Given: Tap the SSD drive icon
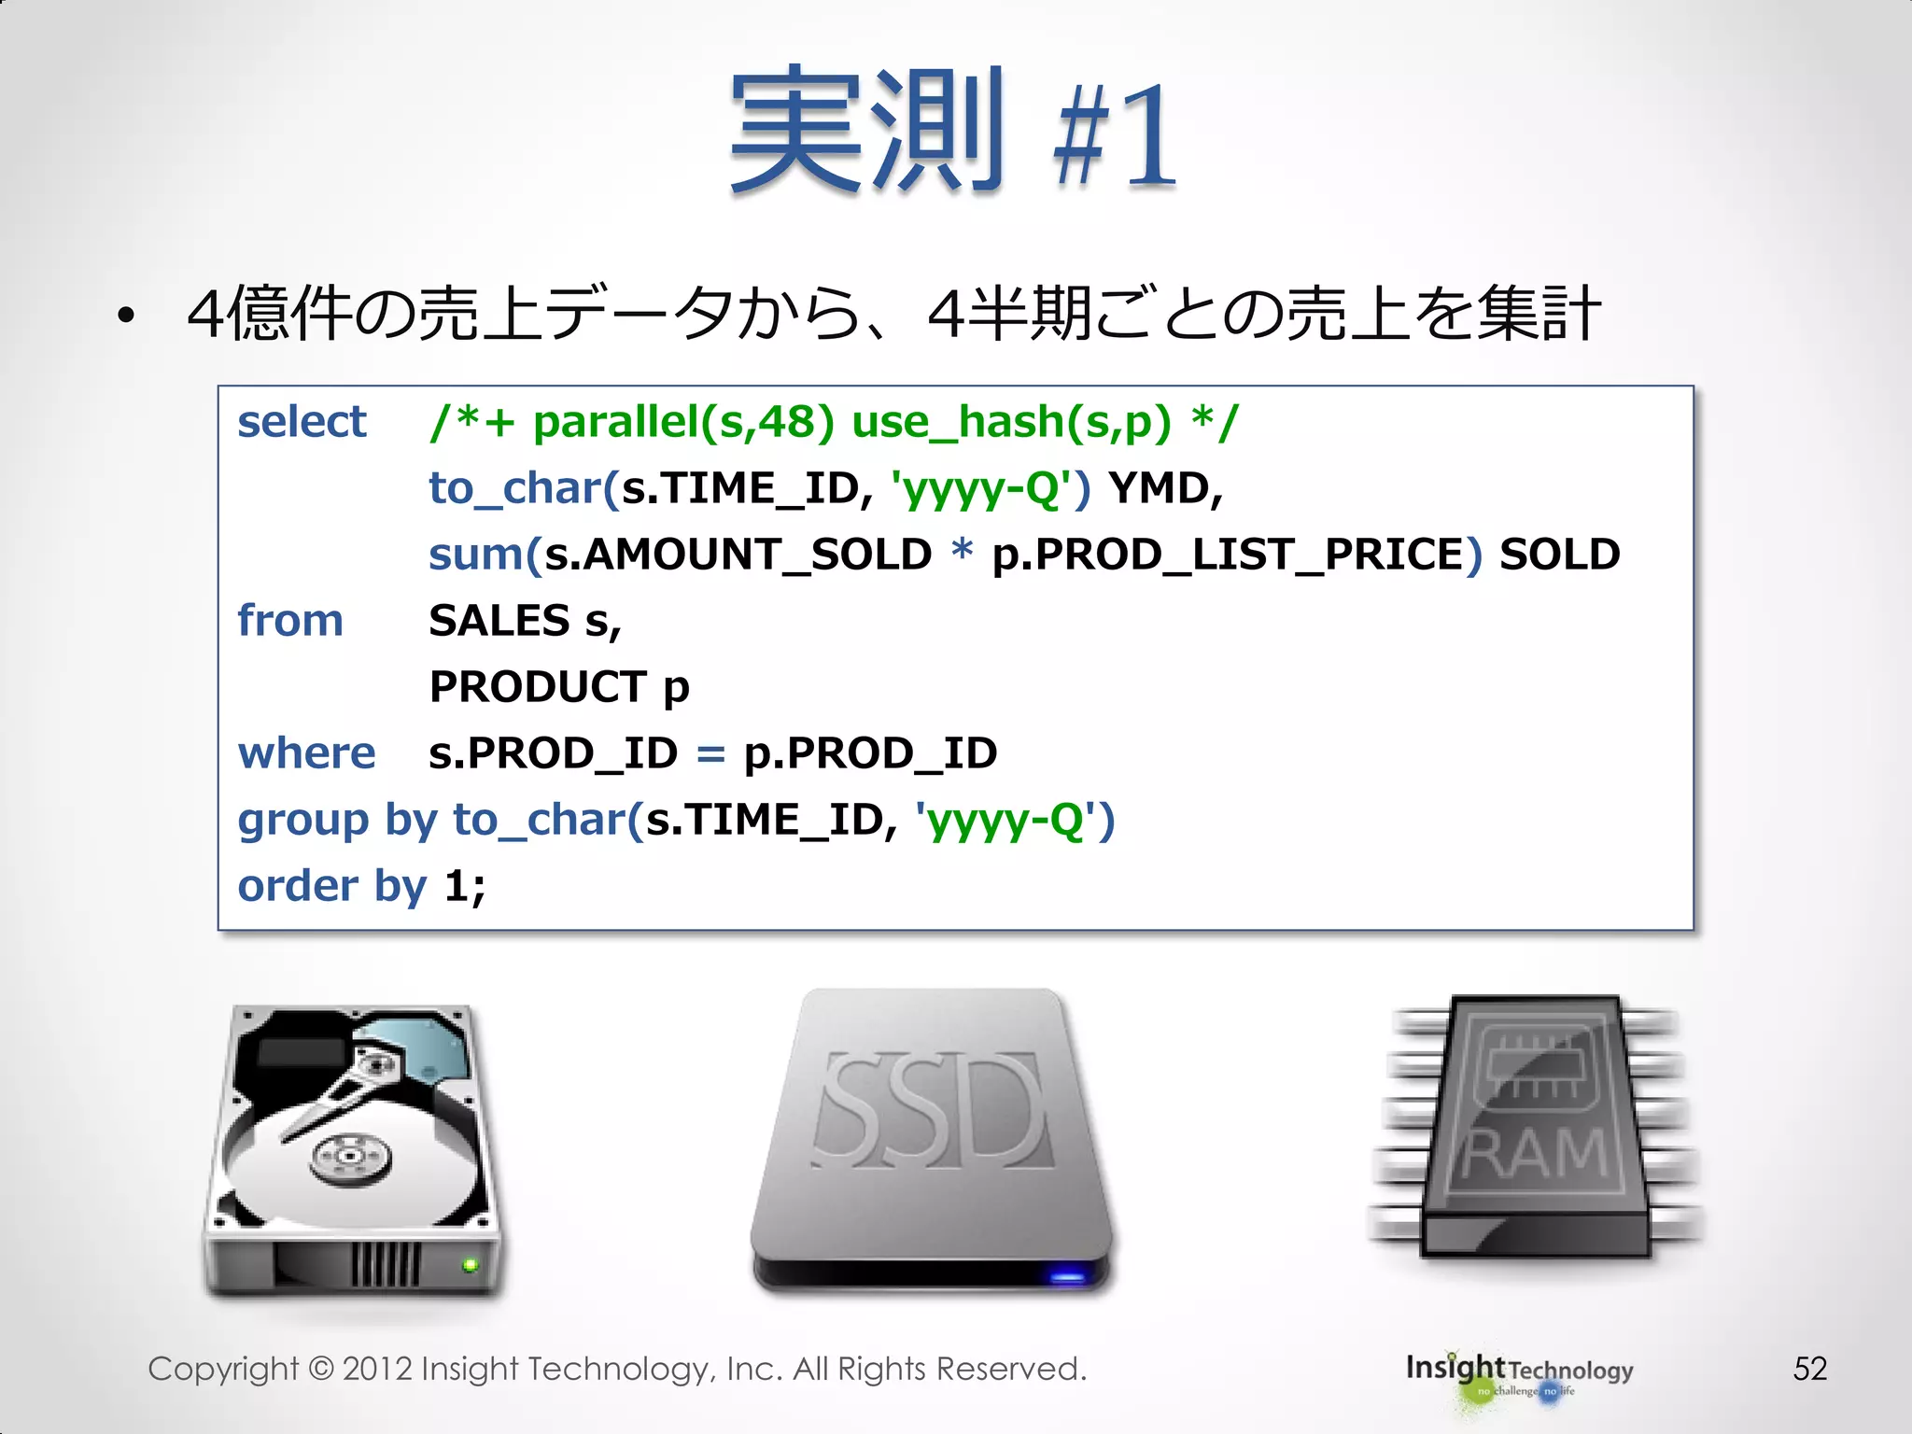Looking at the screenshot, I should (932, 1139).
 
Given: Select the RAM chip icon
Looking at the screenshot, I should (1536, 1125).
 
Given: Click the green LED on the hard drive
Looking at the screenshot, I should (470, 1265).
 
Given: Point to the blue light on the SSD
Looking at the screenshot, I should (1067, 1275).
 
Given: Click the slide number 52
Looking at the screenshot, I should (1809, 1369).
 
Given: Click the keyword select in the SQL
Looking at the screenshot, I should (302, 422).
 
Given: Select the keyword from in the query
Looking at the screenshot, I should (290, 621).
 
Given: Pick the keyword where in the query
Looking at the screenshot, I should (306, 753).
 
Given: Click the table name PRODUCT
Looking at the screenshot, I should (538, 687).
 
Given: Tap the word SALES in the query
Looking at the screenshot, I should (499, 621).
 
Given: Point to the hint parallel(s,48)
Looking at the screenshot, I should (683, 422).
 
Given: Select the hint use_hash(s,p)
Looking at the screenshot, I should (1011, 422).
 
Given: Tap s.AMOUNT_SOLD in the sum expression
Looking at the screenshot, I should (738, 555).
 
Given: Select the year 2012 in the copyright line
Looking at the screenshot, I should (377, 1369).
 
